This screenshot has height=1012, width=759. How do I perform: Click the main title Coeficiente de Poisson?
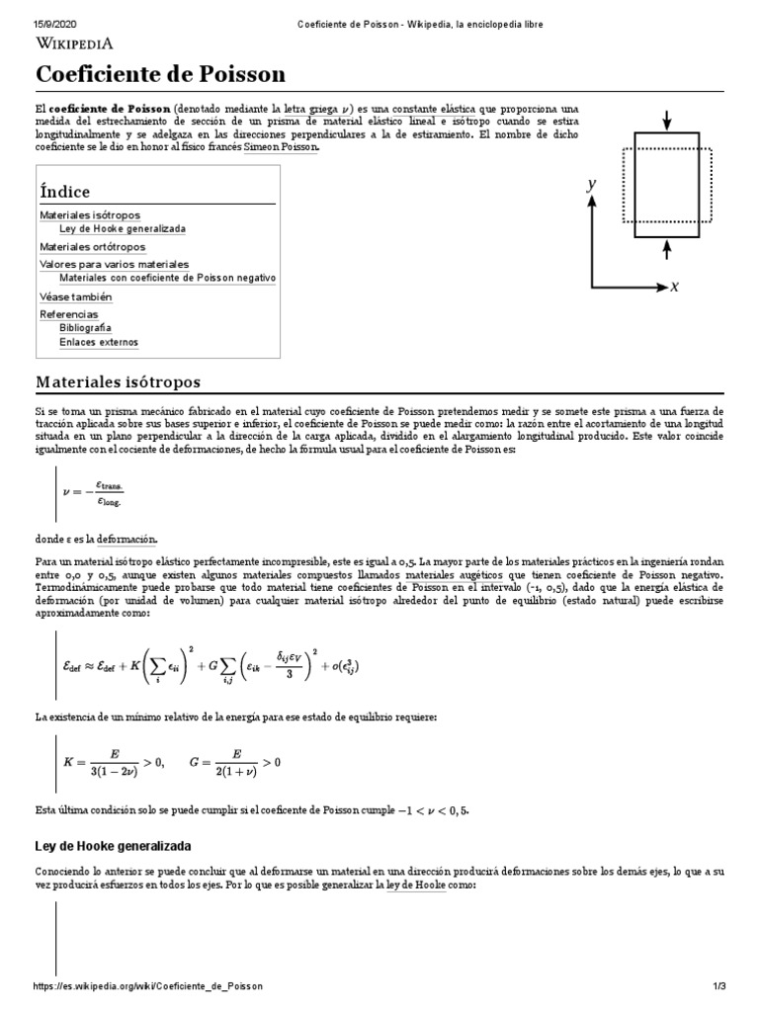coord(160,74)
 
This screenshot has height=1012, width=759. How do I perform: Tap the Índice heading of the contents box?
coord(64,191)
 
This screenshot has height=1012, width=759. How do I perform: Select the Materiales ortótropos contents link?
coord(92,246)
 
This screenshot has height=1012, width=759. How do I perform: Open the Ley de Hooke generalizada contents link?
coord(122,228)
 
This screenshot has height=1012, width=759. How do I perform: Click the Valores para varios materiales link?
coord(114,264)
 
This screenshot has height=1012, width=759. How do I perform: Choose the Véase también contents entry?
coord(76,296)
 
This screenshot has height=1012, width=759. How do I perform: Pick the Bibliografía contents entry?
coord(85,327)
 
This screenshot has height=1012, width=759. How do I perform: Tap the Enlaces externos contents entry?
coord(99,342)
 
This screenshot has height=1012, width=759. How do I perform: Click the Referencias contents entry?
coord(69,313)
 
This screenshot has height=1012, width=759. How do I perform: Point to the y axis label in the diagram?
coord(591,184)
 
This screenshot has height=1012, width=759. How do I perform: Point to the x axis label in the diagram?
coord(674,287)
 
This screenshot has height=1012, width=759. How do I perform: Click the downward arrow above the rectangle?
coord(667,120)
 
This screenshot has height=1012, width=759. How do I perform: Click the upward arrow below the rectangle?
coord(667,249)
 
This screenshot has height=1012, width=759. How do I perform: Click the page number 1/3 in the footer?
coord(719,986)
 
